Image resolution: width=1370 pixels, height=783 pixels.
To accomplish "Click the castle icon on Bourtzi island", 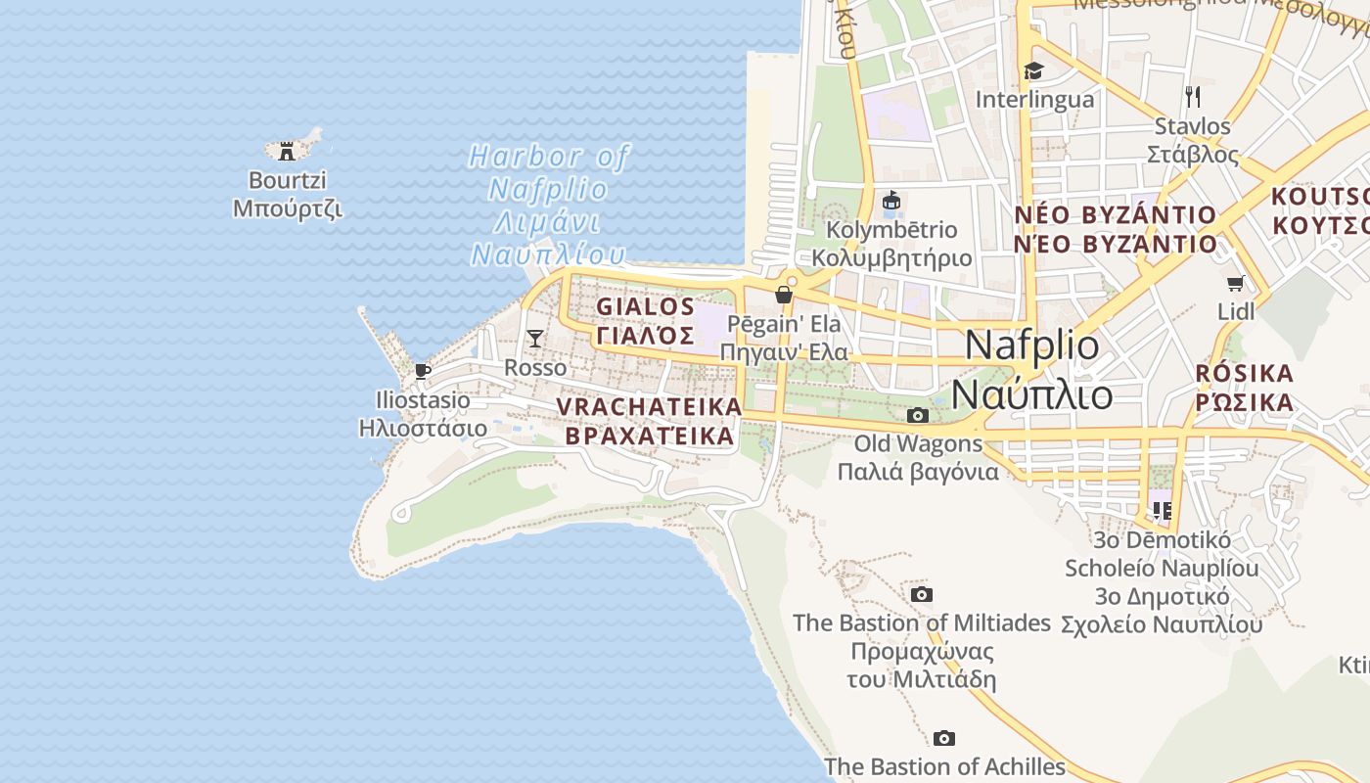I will [287, 151].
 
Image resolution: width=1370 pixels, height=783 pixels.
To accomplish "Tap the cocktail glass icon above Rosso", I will [534, 339].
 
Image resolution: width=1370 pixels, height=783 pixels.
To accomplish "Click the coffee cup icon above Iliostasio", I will [422, 371].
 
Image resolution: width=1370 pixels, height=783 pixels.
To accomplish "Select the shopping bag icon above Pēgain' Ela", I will [783, 294].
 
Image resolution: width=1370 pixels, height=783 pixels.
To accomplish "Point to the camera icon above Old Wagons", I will [917, 415].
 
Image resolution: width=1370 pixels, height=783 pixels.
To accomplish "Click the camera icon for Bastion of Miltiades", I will [921, 594].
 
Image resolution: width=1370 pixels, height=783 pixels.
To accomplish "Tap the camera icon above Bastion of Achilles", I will [943, 738].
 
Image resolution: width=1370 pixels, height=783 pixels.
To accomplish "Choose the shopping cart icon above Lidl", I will [1235, 284].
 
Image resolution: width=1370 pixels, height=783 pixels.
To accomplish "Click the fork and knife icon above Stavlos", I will [1192, 96].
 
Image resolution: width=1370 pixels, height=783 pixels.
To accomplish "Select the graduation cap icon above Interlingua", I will [1033, 70].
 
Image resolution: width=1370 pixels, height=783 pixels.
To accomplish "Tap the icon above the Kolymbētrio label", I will [890, 202].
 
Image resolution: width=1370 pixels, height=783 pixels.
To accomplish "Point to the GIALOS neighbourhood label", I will [646, 306].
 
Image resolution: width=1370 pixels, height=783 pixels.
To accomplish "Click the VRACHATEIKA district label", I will [649, 405].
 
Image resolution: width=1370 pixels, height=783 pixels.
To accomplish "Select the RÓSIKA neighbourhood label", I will [1244, 374].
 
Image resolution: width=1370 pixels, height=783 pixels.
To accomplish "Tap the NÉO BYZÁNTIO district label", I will [1115, 215].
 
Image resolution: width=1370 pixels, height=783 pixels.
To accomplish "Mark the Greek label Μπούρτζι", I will [287, 208].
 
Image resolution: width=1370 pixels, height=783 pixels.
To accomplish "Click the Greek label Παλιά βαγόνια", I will [918, 472].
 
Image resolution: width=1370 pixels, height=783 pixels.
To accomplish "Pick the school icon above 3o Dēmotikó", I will [1162, 510].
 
